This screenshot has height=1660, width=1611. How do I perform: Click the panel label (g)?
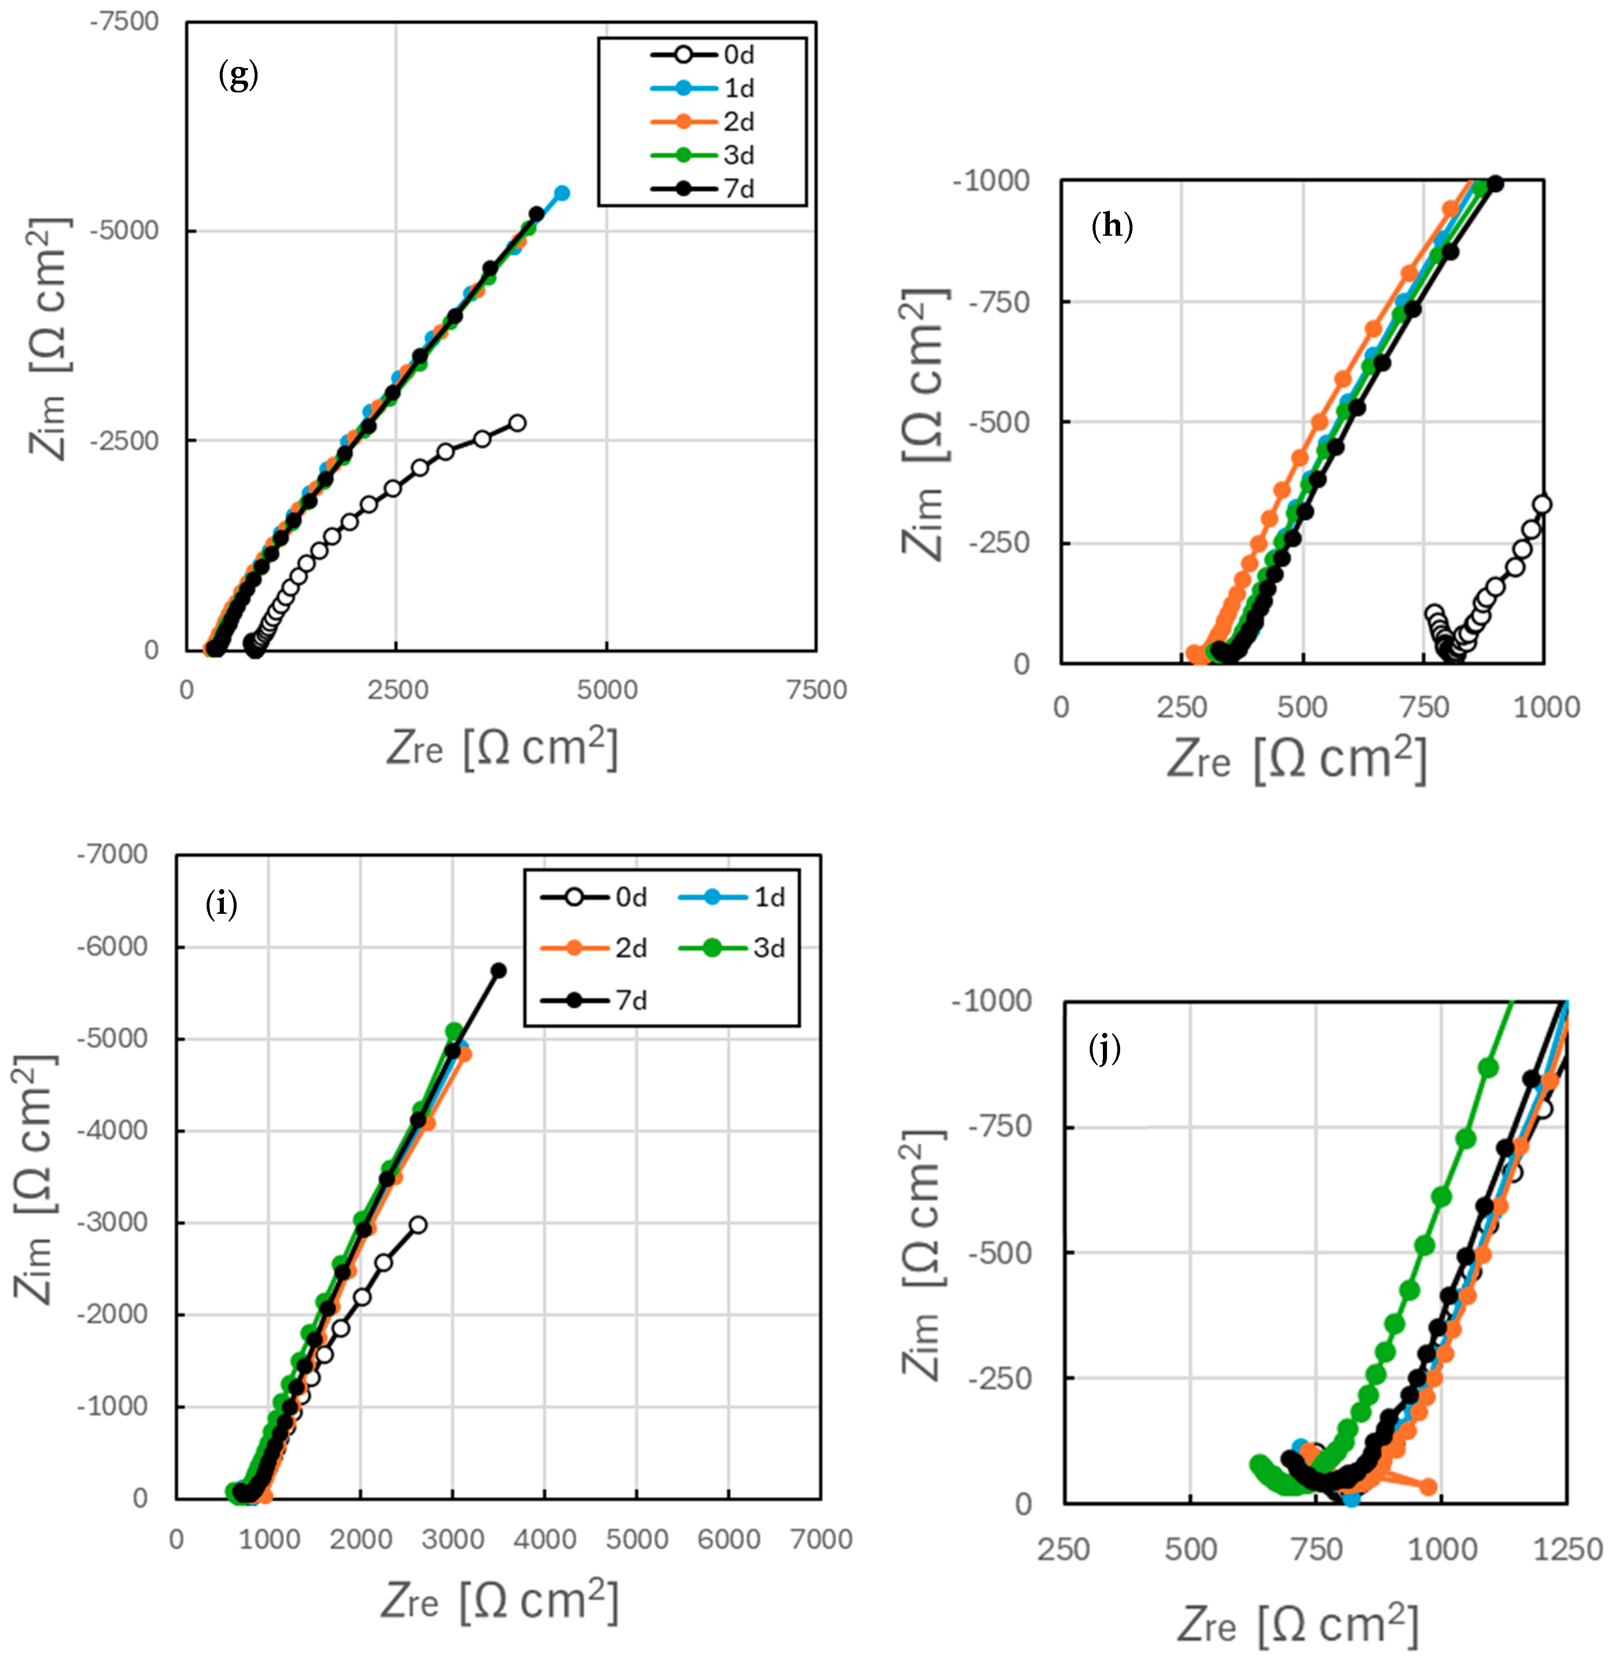[x=238, y=77]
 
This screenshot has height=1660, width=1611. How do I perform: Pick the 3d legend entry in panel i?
[x=768, y=948]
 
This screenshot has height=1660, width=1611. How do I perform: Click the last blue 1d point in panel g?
[x=561, y=193]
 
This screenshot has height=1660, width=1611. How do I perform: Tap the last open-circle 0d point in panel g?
[x=517, y=423]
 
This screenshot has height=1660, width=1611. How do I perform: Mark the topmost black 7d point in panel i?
[x=499, y=970]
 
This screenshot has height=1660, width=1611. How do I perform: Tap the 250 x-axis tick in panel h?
[x=1182, y=707]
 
